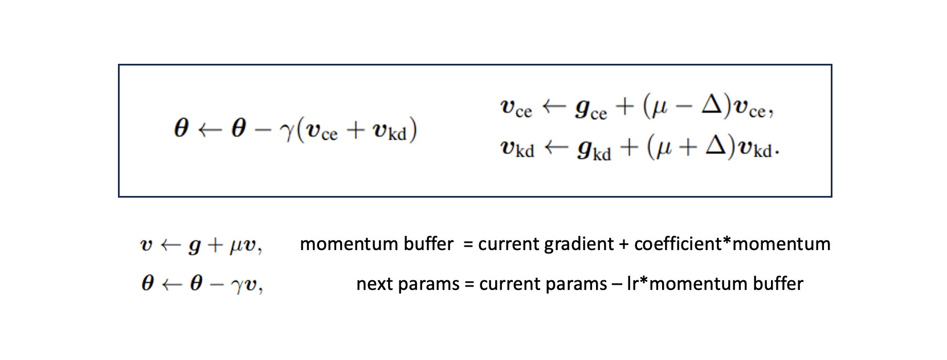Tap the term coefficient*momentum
tap(732, 244)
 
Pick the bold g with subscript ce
tap(590, 109)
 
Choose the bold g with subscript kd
tap(593, 149)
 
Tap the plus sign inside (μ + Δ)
tap(688, 147)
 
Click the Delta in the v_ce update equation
tap(712, 105)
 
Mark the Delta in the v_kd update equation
tap(716, 146)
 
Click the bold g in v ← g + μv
tap(194, 246)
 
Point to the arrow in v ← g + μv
tap(171, 245)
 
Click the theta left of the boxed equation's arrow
tap(181, 128)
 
